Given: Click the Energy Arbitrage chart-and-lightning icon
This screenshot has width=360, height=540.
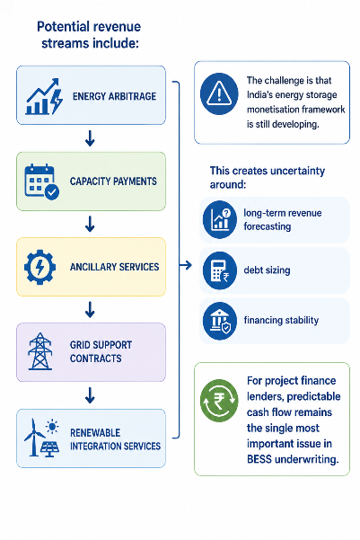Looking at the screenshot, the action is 44,97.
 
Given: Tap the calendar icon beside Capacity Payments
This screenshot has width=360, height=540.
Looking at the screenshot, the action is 41,181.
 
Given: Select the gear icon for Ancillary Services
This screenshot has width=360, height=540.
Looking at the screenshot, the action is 40,267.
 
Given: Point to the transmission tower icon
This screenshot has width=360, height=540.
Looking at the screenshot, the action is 40,351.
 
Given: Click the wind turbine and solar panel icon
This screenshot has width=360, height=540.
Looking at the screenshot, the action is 41,438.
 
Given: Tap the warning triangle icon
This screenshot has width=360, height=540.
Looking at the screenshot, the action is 219,93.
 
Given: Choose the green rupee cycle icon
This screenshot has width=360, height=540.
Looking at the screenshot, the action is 219,401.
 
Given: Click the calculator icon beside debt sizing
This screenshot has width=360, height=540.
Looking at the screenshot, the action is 220,270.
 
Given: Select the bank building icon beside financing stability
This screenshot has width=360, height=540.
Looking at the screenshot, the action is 220,321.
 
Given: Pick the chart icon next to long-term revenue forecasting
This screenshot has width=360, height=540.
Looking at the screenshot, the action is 220,220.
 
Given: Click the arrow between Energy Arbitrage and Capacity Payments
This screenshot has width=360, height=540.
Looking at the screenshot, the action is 90,138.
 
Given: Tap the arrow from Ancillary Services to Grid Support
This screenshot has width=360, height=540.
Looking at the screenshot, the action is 90,309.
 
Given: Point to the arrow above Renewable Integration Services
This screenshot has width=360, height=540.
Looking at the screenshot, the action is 90,395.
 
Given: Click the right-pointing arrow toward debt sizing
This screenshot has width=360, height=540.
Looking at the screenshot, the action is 186,265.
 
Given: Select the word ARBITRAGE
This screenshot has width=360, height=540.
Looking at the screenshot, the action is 132,96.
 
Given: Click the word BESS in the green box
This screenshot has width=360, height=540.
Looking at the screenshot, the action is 259,459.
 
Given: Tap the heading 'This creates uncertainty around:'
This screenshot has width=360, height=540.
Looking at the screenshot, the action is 268,177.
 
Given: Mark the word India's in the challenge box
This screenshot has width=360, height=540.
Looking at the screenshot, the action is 259,94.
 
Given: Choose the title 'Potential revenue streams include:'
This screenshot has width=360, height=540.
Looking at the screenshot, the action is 89,35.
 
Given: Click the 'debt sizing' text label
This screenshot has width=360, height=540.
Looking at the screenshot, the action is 267,270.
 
